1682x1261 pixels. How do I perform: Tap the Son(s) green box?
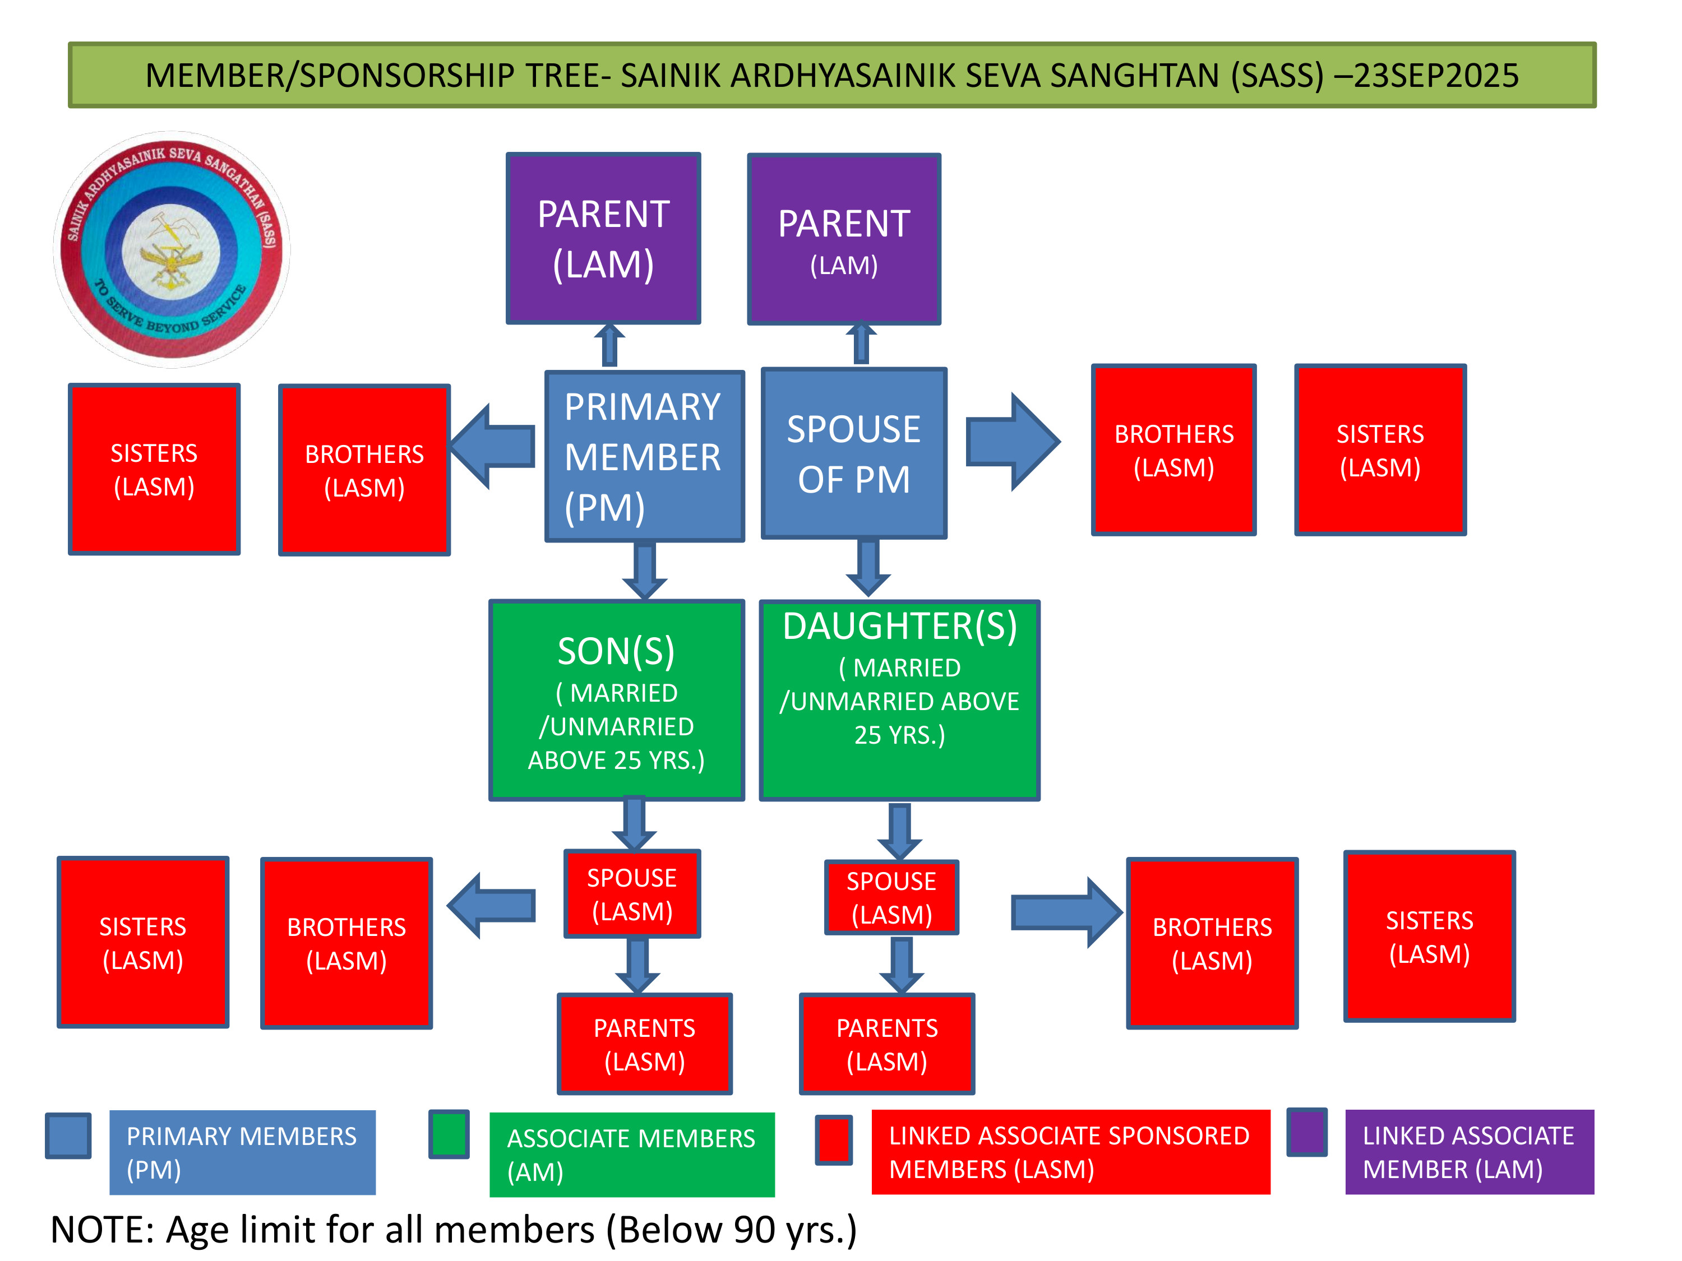[616, 700]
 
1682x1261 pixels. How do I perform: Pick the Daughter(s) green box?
[899, 700]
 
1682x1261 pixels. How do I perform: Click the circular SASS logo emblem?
[172, 249]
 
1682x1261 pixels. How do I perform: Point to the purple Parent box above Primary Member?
[603, 239]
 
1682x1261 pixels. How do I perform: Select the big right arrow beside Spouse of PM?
[1012, 442]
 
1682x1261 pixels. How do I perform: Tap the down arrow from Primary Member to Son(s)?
[645, 570]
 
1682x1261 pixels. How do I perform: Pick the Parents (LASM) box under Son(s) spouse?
[644, 1044]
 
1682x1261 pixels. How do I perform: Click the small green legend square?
[449, 1134]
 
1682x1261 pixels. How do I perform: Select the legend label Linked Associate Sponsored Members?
[1069, 1152]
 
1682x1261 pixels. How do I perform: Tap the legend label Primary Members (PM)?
[242, 1152]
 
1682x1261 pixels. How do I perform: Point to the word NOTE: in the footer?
[103, 1229]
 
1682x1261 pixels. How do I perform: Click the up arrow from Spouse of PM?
[861, 344]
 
